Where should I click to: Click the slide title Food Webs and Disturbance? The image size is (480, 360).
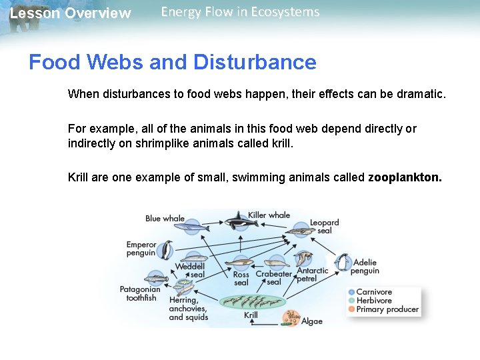172,63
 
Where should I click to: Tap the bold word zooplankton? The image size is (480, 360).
404,177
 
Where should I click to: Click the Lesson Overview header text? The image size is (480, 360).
70,13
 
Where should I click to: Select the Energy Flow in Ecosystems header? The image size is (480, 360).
240,12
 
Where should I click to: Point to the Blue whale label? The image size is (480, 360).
165,219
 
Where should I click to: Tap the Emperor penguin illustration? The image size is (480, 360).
165,250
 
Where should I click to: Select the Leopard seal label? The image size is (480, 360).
325,227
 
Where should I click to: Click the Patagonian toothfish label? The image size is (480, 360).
140,294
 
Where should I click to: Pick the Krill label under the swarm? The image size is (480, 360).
251,315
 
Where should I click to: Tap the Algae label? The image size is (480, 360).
311,321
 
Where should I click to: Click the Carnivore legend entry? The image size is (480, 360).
373,292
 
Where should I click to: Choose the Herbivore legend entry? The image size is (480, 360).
373,301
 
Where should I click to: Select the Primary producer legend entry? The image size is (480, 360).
387,309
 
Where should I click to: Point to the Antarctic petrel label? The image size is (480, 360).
312,275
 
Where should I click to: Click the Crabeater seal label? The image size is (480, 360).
274,278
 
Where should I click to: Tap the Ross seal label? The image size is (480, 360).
241,279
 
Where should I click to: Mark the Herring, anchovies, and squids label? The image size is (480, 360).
188,309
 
